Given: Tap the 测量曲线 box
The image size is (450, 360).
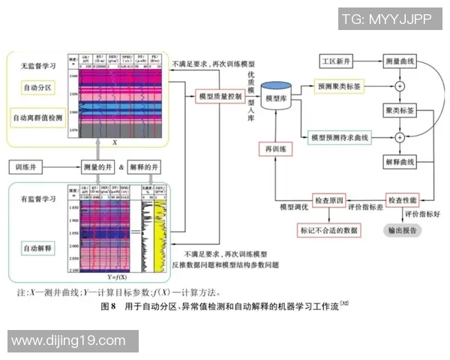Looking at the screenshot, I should pyautogui.click(x=399, y=60).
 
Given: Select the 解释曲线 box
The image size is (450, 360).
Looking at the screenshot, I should pyautogui.click(x=399, y=162).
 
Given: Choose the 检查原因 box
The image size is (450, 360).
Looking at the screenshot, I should pyautogui.click(x=328, y=201).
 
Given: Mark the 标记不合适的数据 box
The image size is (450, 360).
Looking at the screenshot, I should pyautogui.click(x=328, y=230).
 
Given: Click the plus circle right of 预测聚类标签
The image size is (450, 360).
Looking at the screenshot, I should pyautogui.click(x=399, y=87).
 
